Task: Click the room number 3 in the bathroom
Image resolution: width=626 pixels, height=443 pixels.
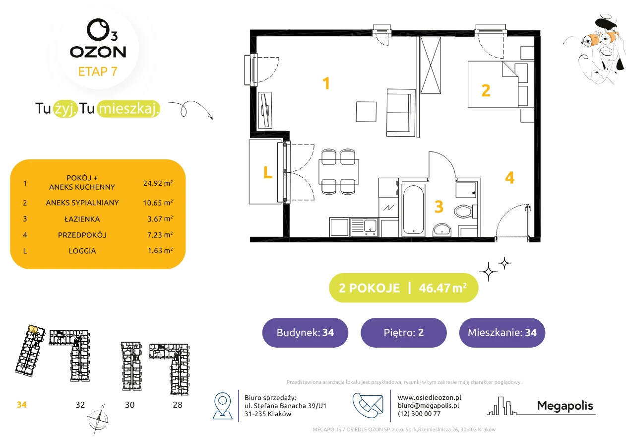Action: (439, 207)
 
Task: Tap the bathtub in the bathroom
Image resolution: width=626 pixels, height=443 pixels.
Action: (413, 209)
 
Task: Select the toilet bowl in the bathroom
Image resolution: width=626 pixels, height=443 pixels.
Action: (465, 211)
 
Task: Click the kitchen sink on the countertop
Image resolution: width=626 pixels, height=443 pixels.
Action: (370, 226)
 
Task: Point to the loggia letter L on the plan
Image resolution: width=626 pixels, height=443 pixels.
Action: (268, 172)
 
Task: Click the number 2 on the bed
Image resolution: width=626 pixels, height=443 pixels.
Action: (486, 90)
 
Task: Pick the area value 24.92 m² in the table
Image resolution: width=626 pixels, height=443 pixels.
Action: (158, 183)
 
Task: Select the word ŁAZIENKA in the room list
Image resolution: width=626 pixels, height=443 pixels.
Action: (82, 219)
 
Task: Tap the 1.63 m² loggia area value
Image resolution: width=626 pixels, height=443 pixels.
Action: (160, 250)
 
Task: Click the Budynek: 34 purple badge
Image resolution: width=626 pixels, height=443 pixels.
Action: (305, 332)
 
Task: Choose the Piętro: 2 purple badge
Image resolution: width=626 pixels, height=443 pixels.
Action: (404, 332)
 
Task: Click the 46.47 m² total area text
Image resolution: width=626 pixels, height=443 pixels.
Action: (442, 288)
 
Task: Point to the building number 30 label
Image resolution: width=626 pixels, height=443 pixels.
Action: (129, 405)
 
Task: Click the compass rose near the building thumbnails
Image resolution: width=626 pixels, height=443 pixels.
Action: (98, 419)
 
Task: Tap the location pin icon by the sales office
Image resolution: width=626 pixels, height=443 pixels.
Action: (222, 405)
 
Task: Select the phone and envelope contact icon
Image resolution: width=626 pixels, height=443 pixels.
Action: (368, 405)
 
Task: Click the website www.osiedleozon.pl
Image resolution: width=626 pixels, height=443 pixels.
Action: (429, 397)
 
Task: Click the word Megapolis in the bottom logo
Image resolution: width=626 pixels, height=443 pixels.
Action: (565, 406)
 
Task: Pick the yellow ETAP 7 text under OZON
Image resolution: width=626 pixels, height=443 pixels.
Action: (98, 72)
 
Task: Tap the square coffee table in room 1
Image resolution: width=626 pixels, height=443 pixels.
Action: (366, 112)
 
